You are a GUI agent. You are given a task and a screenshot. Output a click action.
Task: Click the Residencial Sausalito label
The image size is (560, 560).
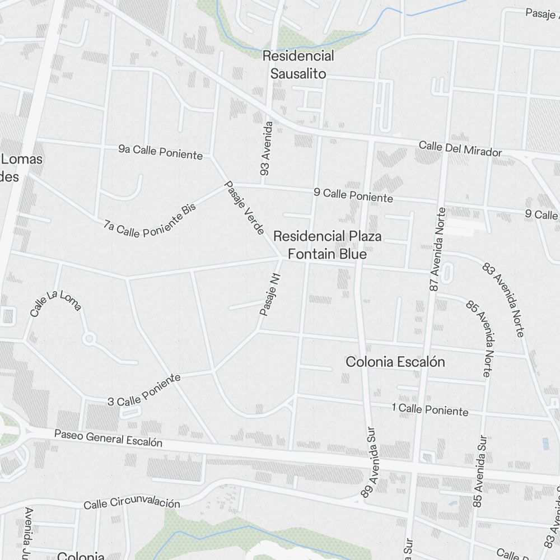coord(298,64)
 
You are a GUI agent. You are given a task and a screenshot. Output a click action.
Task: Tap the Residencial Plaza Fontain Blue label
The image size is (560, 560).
coord(328,245)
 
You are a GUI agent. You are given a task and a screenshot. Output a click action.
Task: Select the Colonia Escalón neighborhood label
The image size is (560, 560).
coord(395,362)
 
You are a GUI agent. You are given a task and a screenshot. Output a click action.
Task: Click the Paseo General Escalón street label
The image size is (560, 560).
coord(108,438)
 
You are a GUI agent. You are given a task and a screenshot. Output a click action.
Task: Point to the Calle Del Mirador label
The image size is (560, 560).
coord(460,148)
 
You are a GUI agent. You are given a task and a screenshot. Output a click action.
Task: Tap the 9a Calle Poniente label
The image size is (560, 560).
coord(160,152)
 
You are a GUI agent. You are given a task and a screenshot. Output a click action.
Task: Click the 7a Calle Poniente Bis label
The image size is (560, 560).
coord(151,220)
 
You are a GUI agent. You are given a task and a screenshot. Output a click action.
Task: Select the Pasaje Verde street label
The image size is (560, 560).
coord(244,207)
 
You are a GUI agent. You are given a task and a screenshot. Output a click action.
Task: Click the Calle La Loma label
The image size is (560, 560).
coord(56,303)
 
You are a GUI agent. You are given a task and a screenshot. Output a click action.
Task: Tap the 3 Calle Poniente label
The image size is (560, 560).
coord(144,390)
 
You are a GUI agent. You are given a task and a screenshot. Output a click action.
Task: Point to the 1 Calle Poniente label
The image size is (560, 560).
coord(430,409)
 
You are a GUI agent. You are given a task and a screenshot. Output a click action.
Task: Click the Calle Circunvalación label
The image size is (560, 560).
coord(132,503)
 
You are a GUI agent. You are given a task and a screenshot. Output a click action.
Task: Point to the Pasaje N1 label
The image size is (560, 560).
coord(270,294)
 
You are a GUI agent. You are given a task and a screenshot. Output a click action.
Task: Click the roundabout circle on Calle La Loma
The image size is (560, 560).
coord(89,338)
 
